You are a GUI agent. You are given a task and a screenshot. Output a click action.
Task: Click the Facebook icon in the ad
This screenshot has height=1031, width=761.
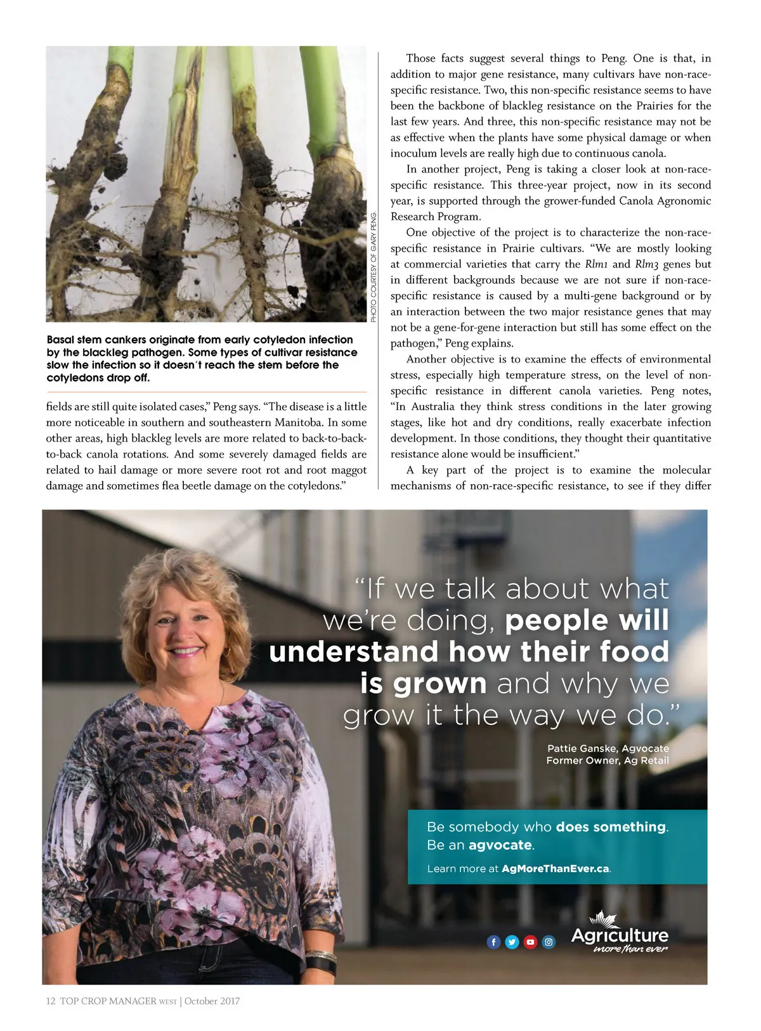pyautogui.click(x=493, y=942)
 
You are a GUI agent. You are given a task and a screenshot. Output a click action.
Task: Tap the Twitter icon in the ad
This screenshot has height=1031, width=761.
pyautogui.click(x=512, y=942)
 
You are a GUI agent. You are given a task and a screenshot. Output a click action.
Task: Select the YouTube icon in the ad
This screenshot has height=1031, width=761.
pyautogui.click(x=530, y=942)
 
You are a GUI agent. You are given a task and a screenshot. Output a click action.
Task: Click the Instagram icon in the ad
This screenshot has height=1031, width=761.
pyautogui.click(x=549, y=942)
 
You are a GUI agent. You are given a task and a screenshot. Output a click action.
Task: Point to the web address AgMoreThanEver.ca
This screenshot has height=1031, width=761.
pyautogui.click(x=555, y=868)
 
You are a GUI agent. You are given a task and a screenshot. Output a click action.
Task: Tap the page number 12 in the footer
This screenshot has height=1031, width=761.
pyautogui.click(x=51, y=1001)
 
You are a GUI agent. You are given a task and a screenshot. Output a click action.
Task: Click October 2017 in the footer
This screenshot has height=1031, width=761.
pyautogui.click(x=212, y=1001)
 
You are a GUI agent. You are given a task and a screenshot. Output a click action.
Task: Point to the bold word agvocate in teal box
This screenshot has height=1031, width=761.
pyautogui.click(x=500, y=845)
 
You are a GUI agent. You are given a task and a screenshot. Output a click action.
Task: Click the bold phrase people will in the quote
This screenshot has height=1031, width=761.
pyautogui.click(x=587, y=620)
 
